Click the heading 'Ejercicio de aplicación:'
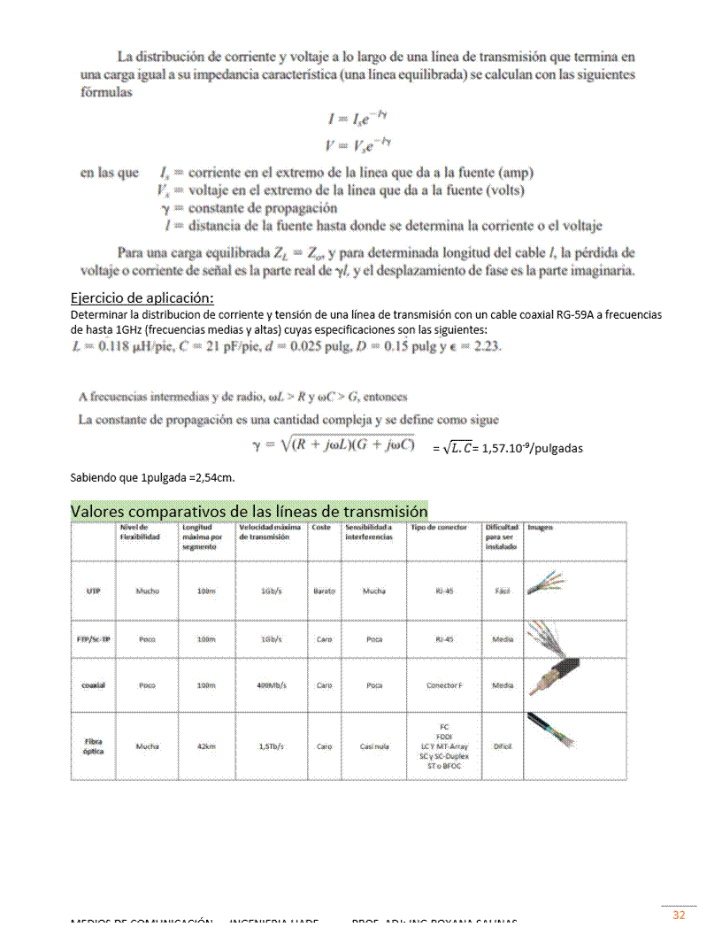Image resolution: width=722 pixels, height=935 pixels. [x=142, y=297]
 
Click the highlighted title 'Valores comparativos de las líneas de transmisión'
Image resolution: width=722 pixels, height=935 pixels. [x=249, y=512]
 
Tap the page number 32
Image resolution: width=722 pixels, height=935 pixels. [x=680, y=916]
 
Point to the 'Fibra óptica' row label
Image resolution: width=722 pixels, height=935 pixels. [x=93, y=746]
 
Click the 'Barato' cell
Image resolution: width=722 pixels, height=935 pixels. [x=325, y=589]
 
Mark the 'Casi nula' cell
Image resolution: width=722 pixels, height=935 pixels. [x=375, y=746]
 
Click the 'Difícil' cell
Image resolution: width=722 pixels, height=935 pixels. [x=503, y=746]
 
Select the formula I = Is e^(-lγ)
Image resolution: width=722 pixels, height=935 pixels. [x=359, y=119]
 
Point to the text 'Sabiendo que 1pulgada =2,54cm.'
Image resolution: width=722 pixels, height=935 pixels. [x=152, y=478]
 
